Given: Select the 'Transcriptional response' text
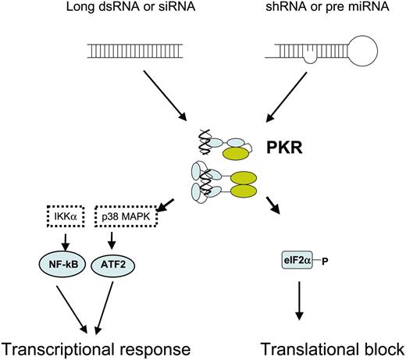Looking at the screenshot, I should [x=97, y=346].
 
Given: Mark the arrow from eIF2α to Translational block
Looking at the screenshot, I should [x=297, y=301].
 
